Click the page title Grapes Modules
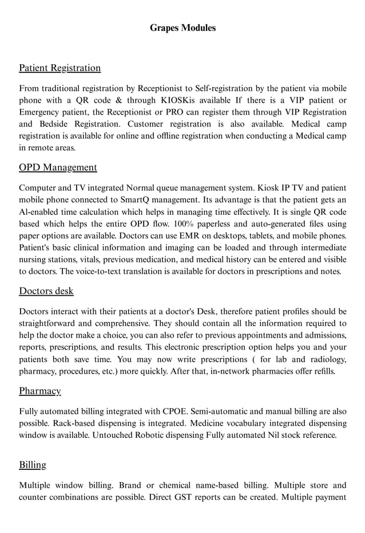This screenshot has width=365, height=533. point(182,28)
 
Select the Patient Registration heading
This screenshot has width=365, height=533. point(60,68)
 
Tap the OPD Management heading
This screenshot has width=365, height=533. point(58,167)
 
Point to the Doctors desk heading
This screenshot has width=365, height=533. point(46,291)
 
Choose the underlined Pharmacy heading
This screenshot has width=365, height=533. point(40,391)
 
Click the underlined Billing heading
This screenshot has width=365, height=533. point(33,465)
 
